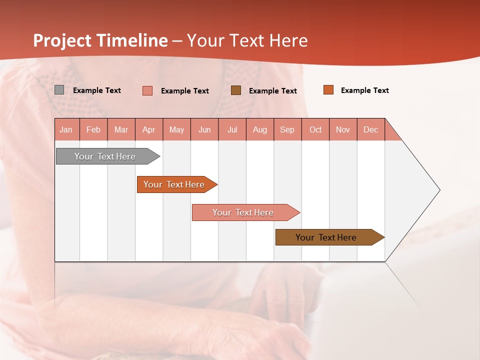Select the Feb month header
pyautogui.click(x=93, y=129)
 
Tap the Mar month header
pyautogui.click(x=121, y=129)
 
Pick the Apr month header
pyautogui.click(x=149, y=129)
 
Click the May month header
pyautogui.click(x=176, y=129)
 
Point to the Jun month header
pyautogui.click(x=204, y=129)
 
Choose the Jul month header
pyautogui.click(x=232, y=129)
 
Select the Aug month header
pyautogui.click(x=260, y=129)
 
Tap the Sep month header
pyautogui.click(x=287, y=129)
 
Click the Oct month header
pyautogui.click(x=315, y=129)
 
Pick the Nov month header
pyautogui.click(x=343, y=129)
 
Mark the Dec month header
pyautogui.click(x=371, y=129)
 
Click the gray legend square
pyautogui.click(x=59, y=90)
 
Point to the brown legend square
pyautogui.click(x=236, y=90)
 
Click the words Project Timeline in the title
pyautogui.click(x=100, y=40)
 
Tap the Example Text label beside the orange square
pyautogui.click(x=364, y=90)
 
